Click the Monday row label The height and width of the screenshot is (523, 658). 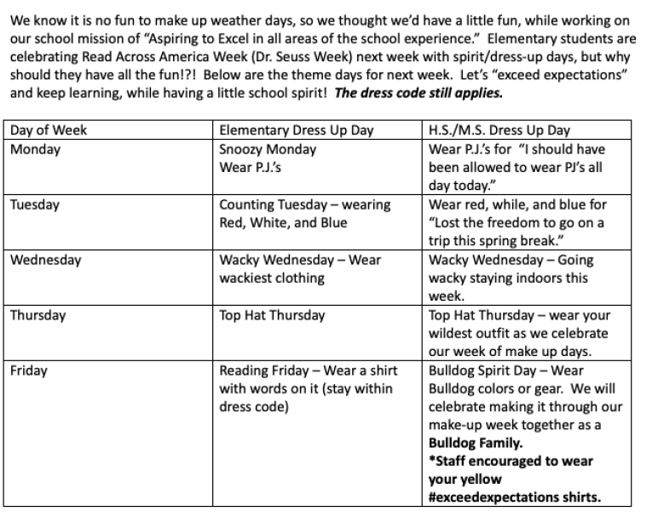coord(35,149)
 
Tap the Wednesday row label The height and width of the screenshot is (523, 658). coord(45,260)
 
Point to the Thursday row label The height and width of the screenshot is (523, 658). coord(39,315)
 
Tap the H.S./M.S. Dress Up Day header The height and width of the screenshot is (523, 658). coord(499,130)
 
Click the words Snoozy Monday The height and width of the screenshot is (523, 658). coord(268,149)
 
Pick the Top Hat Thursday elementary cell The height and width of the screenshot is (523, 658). coord(272,315)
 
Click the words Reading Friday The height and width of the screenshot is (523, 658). coord(262,371)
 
